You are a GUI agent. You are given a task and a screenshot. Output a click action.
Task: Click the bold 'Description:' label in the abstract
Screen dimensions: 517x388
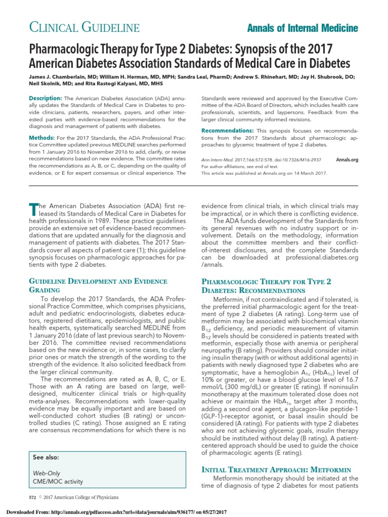pyautogui.click(x=45, y=97)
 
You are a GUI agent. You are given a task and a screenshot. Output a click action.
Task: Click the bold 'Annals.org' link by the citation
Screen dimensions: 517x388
pyautogui.click(x=347, y=160)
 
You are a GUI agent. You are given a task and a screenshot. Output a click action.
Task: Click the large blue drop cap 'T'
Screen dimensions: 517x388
pyautogui.click(x=33, y=208)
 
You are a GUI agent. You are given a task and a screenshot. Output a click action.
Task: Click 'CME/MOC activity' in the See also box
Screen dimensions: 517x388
pyautogui.click(x=58, y=481)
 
